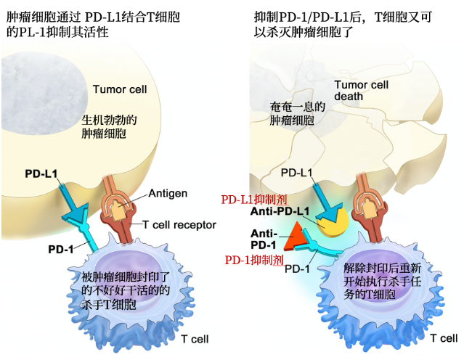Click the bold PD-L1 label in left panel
[41, 175]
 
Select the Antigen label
[168, 193]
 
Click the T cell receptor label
[179, 225]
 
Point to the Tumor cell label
[120, 89]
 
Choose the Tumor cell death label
[361, 90]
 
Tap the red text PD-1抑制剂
[253, 259]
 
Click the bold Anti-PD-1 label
[263, 239]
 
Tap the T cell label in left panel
[195, 339]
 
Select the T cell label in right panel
[443, 338]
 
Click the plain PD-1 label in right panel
[299, 269]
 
